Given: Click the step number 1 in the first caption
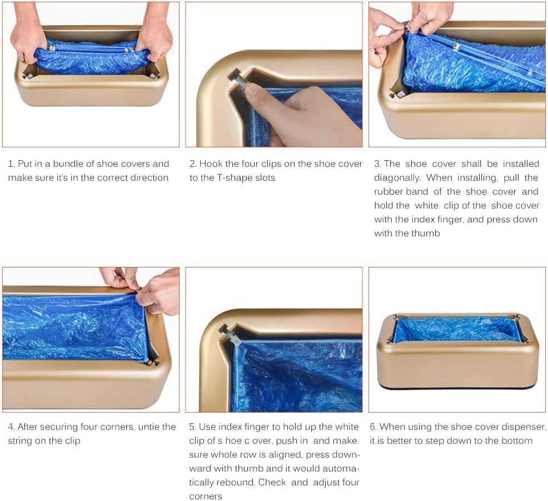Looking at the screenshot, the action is pos(11,164).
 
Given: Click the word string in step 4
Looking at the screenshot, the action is pos(20,441).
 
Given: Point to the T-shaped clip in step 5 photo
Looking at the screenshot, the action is pos(229,334).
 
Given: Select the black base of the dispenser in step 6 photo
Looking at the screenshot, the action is pos(457,386).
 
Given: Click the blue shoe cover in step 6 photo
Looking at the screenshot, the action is pos(457,329).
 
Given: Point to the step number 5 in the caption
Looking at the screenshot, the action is pos(192,427).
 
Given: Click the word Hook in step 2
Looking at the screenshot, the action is pos(211,164).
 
